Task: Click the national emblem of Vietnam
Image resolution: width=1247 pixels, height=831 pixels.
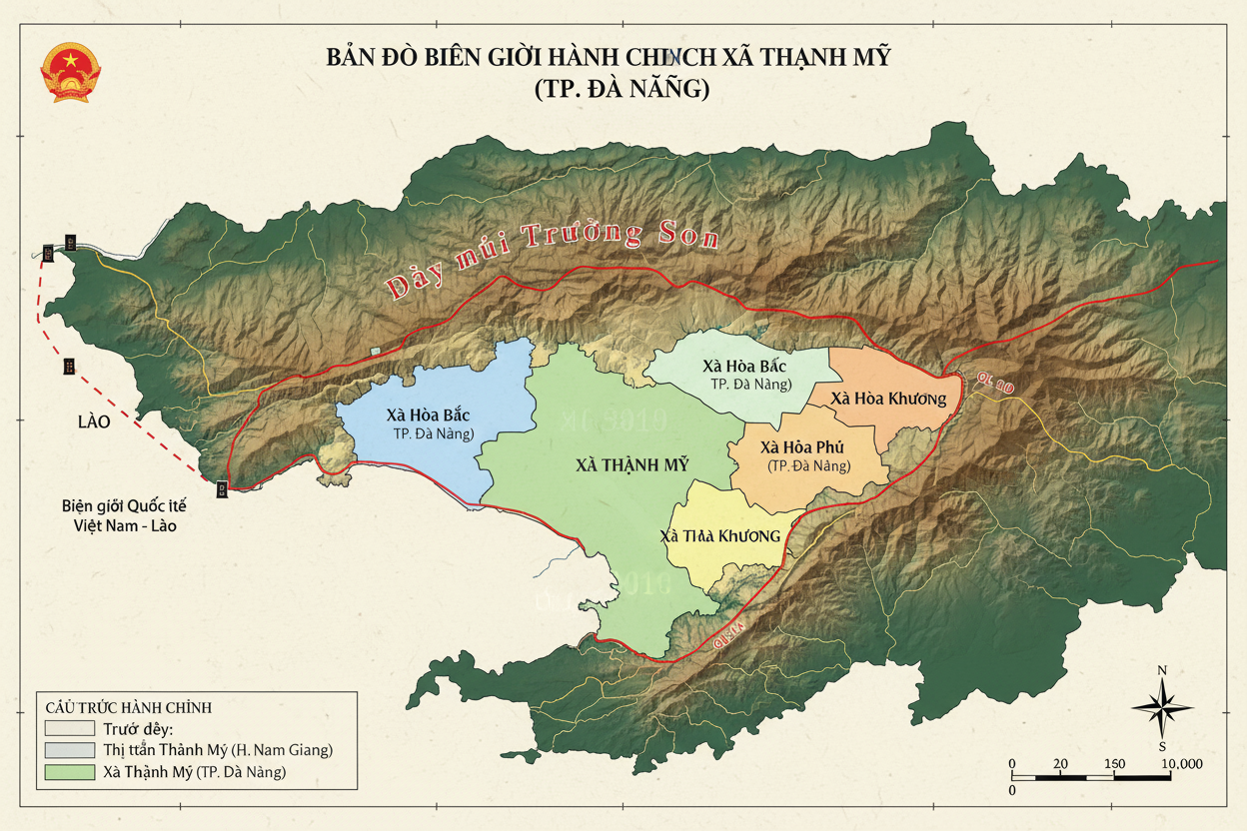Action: pos(70,72)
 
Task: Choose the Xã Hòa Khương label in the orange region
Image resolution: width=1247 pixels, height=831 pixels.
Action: pos(887,399)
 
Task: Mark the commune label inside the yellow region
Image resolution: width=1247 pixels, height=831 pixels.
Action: pos(719,536)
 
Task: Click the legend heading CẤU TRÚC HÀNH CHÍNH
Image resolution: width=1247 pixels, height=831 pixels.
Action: pos(128,707)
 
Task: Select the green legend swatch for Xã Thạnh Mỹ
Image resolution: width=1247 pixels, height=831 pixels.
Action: pos(69,772)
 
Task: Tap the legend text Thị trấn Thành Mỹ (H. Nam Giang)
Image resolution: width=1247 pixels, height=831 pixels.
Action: pos(217,749)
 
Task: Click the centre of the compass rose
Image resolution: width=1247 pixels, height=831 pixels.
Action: pos(1162,707)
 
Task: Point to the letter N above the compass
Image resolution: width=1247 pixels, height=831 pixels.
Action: pos(1162,670)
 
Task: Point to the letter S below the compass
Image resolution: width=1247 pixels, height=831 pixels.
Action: pos(1162,746)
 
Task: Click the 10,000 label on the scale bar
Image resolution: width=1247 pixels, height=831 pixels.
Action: pos(1181,764)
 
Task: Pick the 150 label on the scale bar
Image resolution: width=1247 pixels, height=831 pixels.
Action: pos(1113,764)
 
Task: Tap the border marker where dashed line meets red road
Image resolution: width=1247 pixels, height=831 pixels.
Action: pos(221,487)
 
